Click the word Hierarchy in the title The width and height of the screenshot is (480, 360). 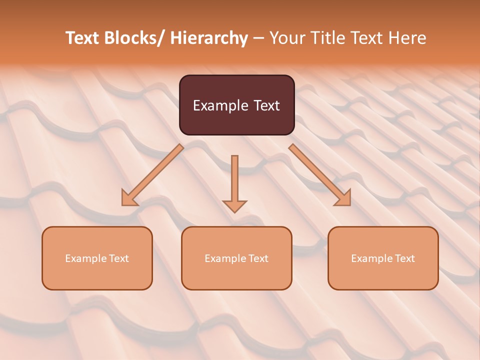(209, 38)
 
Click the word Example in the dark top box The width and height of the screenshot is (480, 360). (220, 105)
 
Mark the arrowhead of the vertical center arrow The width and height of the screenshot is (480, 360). (234, 205)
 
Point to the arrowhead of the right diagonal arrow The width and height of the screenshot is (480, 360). (343, 198)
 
